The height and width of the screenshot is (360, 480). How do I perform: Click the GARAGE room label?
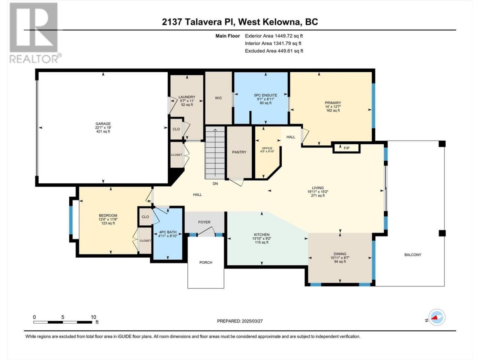tap(103, 124)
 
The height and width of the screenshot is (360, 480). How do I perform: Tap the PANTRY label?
tap(239, 152)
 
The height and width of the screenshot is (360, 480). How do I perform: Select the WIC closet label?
tap(218, 98)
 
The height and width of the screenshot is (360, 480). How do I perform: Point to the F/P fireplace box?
tap(346, 148)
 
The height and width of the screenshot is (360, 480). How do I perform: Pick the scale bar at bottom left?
tap(63, 322)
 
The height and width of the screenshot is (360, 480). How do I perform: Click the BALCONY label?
tap(412, 255)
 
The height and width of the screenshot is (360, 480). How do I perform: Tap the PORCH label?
tap(206, 262)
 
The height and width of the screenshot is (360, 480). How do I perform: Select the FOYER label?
tap(204, 222)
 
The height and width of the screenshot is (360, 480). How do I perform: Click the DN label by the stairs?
tap(215, 184)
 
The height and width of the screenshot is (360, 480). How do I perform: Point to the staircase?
tap(215, 153)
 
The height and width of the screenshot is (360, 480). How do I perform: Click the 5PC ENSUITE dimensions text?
tap(265, 99)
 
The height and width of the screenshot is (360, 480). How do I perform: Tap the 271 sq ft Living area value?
tap(318, 196)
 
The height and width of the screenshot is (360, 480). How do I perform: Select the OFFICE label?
tap(267, 148)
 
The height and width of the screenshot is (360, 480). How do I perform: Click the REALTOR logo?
tap(34, 33)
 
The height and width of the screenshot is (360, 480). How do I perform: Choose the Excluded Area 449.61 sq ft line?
tap(274, 51)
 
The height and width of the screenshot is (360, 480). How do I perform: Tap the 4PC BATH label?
tap(168, 232)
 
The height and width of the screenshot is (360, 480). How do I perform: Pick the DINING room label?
tap(340, 254)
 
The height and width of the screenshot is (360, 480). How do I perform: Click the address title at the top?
tap(240, 22)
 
